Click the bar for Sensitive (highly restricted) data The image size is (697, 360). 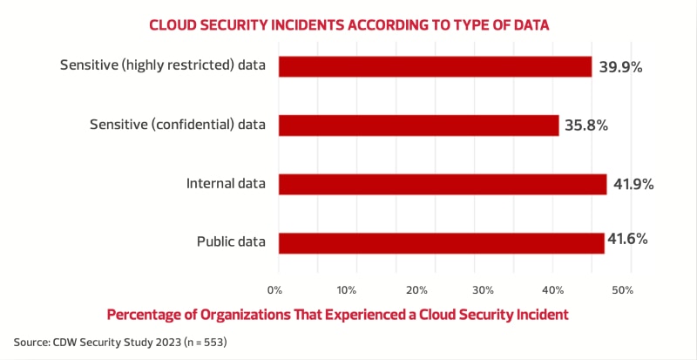(x=434, y=66)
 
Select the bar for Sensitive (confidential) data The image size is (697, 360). (x=418, y=125)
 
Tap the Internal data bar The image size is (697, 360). (x=442, y=184)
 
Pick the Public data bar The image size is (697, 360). (x=441, y=242)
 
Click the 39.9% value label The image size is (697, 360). (x=621, y=66)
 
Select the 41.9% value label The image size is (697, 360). (x=633, y=184)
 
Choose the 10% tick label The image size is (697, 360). (x=346, y=289)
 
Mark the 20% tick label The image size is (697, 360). (x=416, y=289)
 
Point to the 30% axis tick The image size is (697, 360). (x=484, y=289)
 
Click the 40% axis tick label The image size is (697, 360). (x=553, y=289)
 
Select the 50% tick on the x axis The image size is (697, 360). (x=621, y=289)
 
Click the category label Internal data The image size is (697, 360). (x=226, y=184)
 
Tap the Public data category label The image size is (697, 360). (x=229, y=242)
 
